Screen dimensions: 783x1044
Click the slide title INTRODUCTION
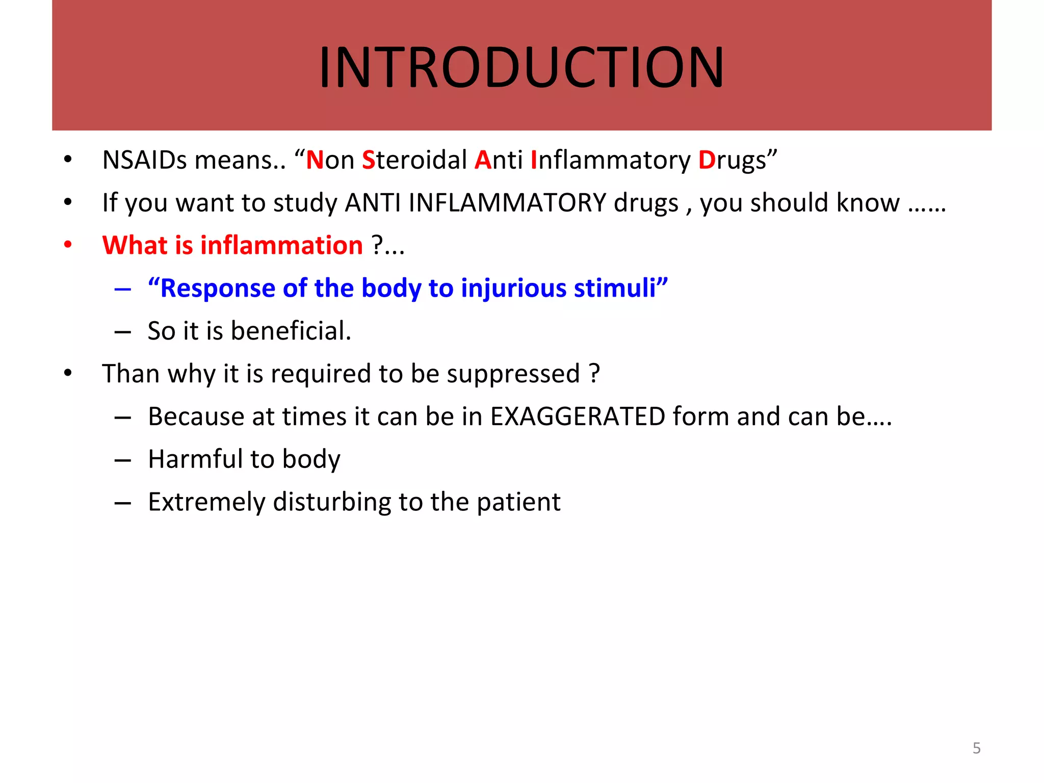[x=521, y=67]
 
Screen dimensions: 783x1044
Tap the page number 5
[x=976, y=748]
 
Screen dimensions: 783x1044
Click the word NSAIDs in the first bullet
[x=145, y=160]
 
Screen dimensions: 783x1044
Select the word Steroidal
[x=414, y=160]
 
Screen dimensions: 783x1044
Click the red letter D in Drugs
[x=707, y=160]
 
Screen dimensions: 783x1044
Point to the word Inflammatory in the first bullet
[x=610, y=160]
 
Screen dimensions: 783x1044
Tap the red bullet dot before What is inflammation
[x=68, y=245]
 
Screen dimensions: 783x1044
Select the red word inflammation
[x=281, y=245]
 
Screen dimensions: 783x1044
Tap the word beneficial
[x=290, y=331]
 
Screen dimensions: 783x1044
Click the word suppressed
[x=513, y=374]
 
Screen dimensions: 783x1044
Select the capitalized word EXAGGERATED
[x=578, y=416]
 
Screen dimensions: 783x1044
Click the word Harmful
[x=195, y=459]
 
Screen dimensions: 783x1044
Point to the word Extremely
[x=206, y=502]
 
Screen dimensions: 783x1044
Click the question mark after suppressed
[x=594, y=374]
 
